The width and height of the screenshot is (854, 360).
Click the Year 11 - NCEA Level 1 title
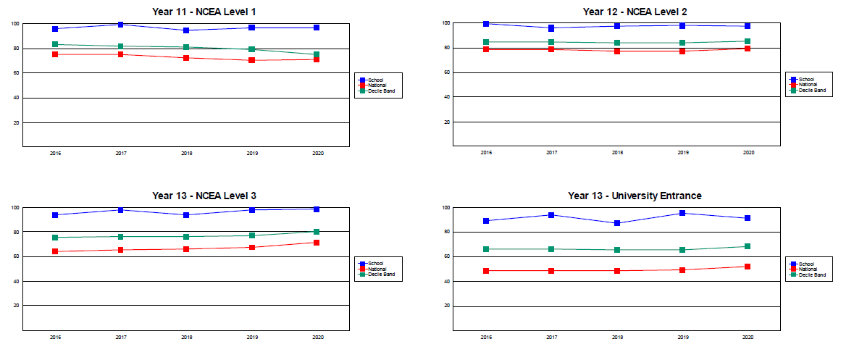pos(204,12)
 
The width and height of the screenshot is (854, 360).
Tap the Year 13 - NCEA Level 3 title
pos(204,196)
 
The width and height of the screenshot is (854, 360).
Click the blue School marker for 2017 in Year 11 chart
pos(120,25)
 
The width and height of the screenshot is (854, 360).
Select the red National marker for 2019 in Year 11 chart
pos(251,60)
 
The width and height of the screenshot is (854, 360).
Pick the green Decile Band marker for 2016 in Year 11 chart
pos(55,45)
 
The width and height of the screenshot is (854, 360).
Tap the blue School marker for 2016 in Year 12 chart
pos(486,24)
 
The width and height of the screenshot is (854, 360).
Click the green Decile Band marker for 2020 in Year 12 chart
pos(748,41)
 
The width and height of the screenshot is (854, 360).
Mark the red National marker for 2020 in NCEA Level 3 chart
pos(317,243)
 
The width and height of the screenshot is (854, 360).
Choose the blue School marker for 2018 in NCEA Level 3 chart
pos(186,215)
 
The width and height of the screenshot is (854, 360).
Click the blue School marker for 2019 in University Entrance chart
pos(682,213)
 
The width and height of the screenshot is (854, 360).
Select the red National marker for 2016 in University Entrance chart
pos(486,271)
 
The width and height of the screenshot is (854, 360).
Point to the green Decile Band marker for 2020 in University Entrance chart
pos(748,246)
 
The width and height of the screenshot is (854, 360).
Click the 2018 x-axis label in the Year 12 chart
pos(617,153)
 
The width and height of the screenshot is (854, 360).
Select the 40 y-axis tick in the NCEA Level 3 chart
pos(16,281)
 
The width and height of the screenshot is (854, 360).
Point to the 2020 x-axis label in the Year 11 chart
pos(317,154)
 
